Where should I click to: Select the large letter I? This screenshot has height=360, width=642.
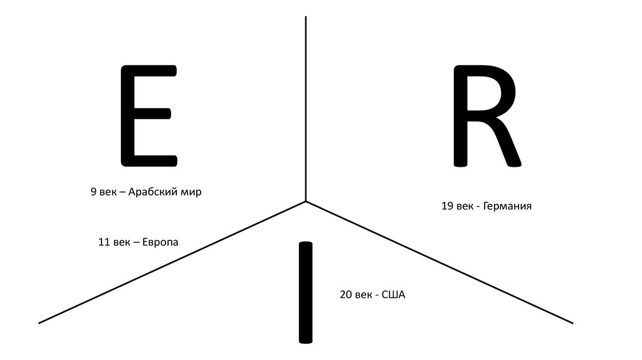tap(305, 292)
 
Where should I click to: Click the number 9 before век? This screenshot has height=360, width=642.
tap(93, 192)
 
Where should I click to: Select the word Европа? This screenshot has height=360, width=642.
tap(160, 241)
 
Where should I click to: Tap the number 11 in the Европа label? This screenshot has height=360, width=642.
tap(103, 241)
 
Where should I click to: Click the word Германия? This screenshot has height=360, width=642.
tap(507, 206)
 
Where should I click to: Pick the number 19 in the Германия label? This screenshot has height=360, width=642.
tap(447, 206)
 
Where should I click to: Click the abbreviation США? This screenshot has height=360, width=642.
tap(394, 294)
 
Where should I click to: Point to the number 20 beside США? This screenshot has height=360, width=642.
tap(345, 294)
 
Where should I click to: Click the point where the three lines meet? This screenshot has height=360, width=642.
tap(306, 201)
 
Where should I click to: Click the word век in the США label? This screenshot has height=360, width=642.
tap(366, 294)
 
